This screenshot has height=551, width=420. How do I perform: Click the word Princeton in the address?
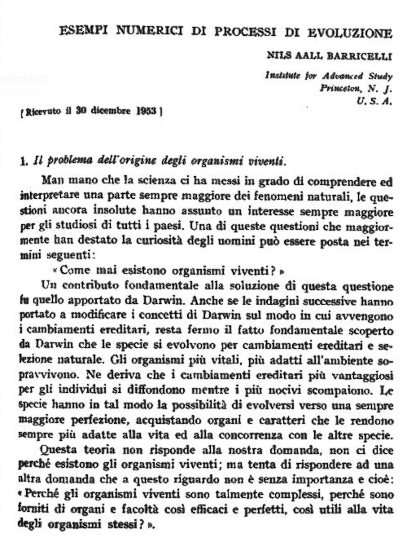pyautogui.click(x=342, y=86)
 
